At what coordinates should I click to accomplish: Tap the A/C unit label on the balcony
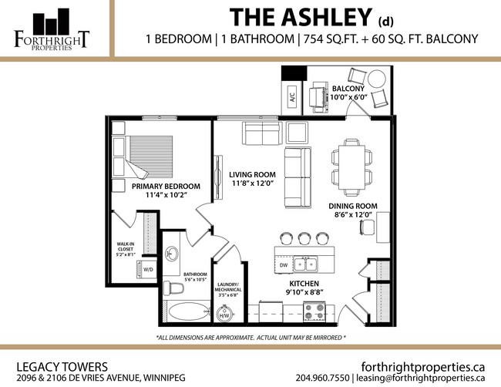point(292,98)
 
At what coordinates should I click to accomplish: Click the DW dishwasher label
point(283,266)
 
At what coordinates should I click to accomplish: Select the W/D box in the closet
point(146,269)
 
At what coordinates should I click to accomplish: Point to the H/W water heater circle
point(226,315)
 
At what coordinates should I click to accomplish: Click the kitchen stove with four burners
point(314,311)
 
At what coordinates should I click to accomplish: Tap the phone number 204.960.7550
point(322,378)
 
